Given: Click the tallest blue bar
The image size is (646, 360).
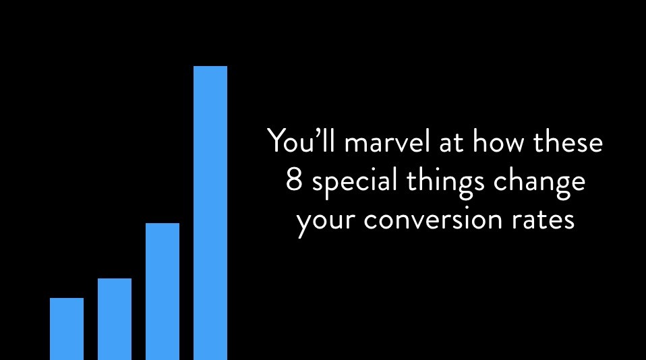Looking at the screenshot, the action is coord(210,212).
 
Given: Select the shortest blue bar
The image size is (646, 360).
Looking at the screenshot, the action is coord(67,329).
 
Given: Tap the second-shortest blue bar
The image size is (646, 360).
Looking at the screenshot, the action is coord(115,320).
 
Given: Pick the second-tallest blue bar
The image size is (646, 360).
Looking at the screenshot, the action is coord(163,292).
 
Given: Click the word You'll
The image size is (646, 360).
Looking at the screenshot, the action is coord(301,140).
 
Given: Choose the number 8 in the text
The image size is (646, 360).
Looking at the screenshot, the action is coord(294,181).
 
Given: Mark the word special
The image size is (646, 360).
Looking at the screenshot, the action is coord(354,183).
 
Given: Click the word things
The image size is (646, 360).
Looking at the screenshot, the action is coord(445,183).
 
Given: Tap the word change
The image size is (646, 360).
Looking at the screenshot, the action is coord(539,183).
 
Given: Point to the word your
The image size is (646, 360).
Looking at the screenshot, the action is coord(326,222).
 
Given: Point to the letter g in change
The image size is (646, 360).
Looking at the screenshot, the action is coord(558,187).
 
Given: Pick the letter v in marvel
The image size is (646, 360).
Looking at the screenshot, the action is coord(405,144).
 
